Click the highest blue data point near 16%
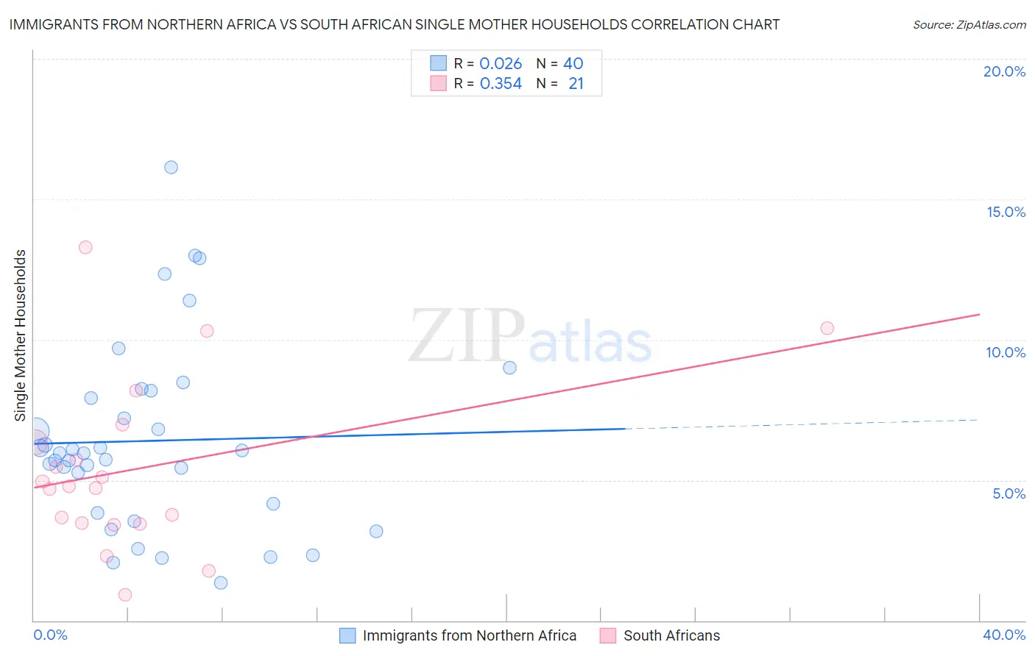tap(171, 167)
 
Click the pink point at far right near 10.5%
tap(827, 328)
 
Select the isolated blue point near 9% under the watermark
tap(509, 368)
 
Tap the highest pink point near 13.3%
tap(85, 247)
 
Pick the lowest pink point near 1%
tap(125, 595)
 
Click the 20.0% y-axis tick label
tap(1004, 71)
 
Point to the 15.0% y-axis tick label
tap(1006, 212)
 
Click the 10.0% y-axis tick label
tap(1006, 352)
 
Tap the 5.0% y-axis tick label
tap(1008, 493)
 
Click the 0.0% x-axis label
tap(50, 635)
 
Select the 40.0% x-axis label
tap(1003, 635)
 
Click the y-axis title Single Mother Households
tap(20, 335)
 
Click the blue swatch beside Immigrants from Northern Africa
tap(347, 635)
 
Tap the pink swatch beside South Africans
tap(607, 635)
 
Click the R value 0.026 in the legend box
tap(501, 63)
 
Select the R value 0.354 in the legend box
tap(501, 84)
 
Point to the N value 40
tap(573, 63)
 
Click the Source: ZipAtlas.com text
tap(969, 25)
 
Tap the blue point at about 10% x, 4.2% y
tap(273, 504)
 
